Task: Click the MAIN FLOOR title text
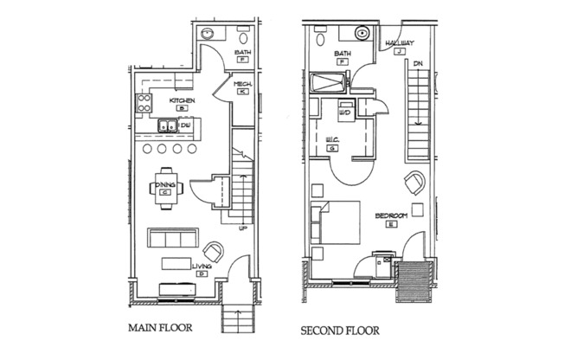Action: pos(159,329)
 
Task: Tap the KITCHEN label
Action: pos(183,101)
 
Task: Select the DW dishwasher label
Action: pos(186,126)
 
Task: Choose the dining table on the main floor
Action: pos(164,186)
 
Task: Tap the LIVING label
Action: pos(202,267)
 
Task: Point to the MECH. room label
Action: pos(242,83)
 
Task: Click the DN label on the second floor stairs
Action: pos(417,64)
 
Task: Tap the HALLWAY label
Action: pos(400,42)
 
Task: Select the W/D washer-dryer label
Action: pos(344,112)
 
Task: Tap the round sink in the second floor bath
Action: pos(361,34)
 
